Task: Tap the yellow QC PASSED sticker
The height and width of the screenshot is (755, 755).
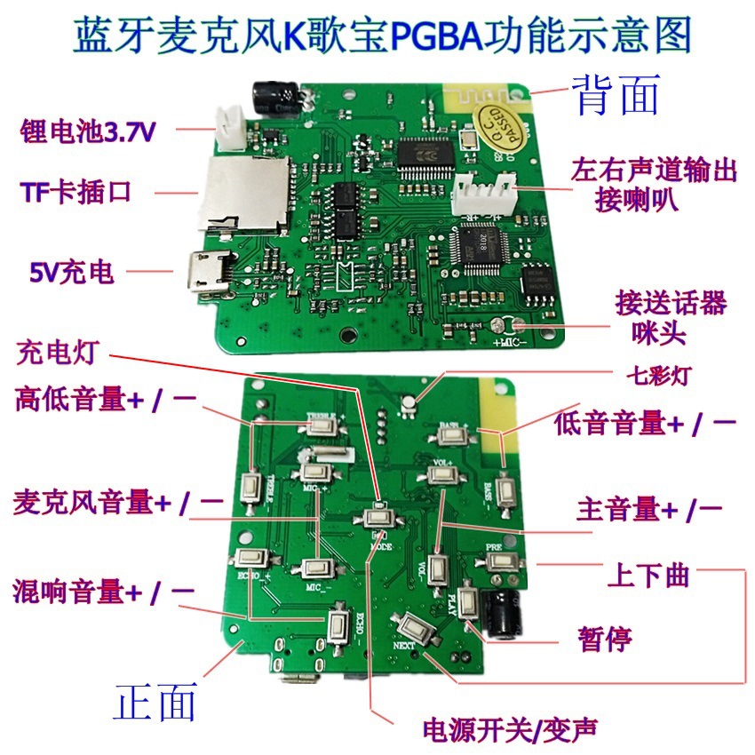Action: tap(504, 127)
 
